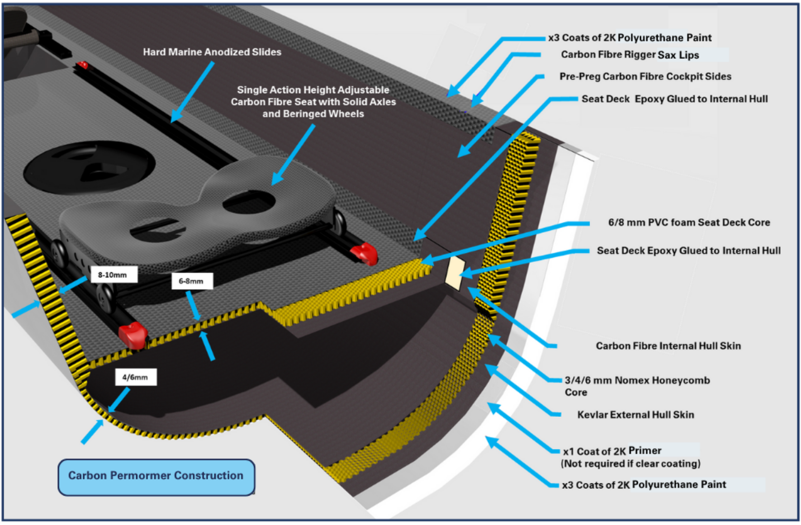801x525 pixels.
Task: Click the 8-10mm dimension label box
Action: click(114, 274)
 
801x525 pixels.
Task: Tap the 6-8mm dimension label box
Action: click(192, 281)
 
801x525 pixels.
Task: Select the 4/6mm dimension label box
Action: click(136, 377)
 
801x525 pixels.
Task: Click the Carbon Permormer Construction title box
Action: click(156, 476)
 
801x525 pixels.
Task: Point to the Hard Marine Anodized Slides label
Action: click(212, 52)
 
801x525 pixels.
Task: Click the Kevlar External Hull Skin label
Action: click(635, 415)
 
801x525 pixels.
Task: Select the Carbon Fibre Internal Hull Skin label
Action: click(668, 346)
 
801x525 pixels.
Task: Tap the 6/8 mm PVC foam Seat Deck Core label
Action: click(688, 222)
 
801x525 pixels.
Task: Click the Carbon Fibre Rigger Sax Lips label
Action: click(630, 55)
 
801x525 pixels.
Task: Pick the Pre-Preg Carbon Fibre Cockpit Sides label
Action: click(645, 76)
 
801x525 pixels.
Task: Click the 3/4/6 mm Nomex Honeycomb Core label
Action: click(637, 386)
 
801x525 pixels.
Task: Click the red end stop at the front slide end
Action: click(133, 335)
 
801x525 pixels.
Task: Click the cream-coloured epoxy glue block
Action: click(455, 273)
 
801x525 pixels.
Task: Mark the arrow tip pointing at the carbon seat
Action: click(274, 183)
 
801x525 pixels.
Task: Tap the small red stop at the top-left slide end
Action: click(82, 65)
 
